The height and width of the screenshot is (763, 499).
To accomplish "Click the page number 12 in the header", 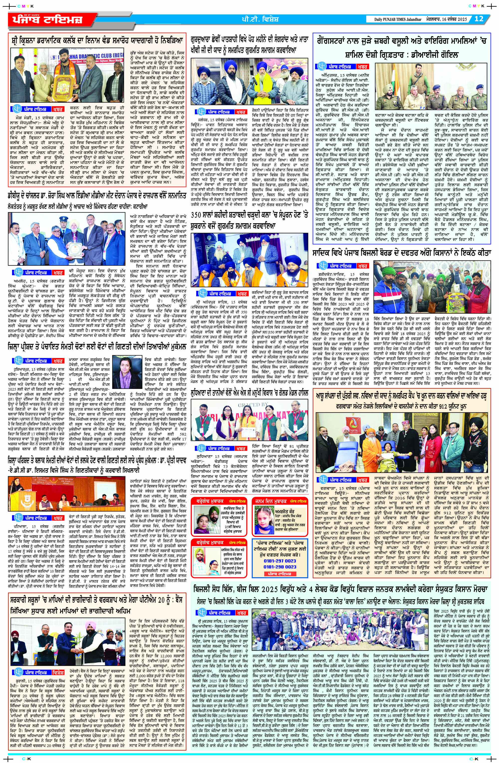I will click(479, 19).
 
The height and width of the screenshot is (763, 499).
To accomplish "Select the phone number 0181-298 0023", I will click(280, 567).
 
